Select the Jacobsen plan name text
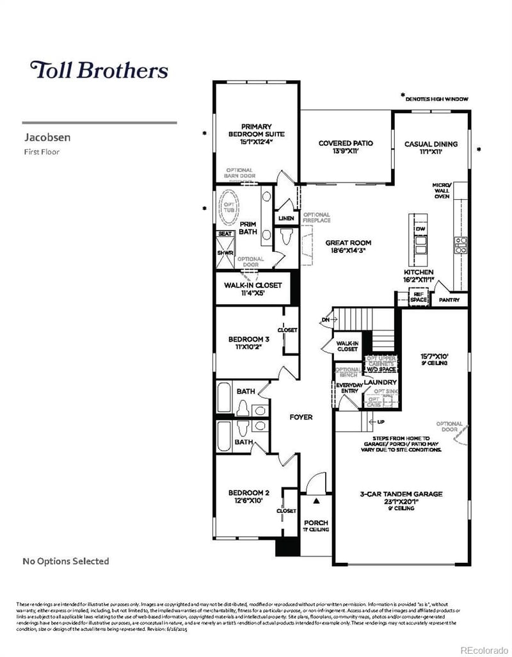(47, 137)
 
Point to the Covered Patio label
(346, 147)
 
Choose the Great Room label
(349, 247)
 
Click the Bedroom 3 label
(249, 343)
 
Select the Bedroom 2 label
(249, 496)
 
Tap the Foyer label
(301, 417)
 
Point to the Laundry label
(381, 382)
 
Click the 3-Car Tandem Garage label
(401, 498)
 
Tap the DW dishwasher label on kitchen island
(420, 229)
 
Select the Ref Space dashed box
(419, 298)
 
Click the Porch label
(316, 526)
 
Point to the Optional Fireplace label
(316, 218)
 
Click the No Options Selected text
(66, 561)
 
